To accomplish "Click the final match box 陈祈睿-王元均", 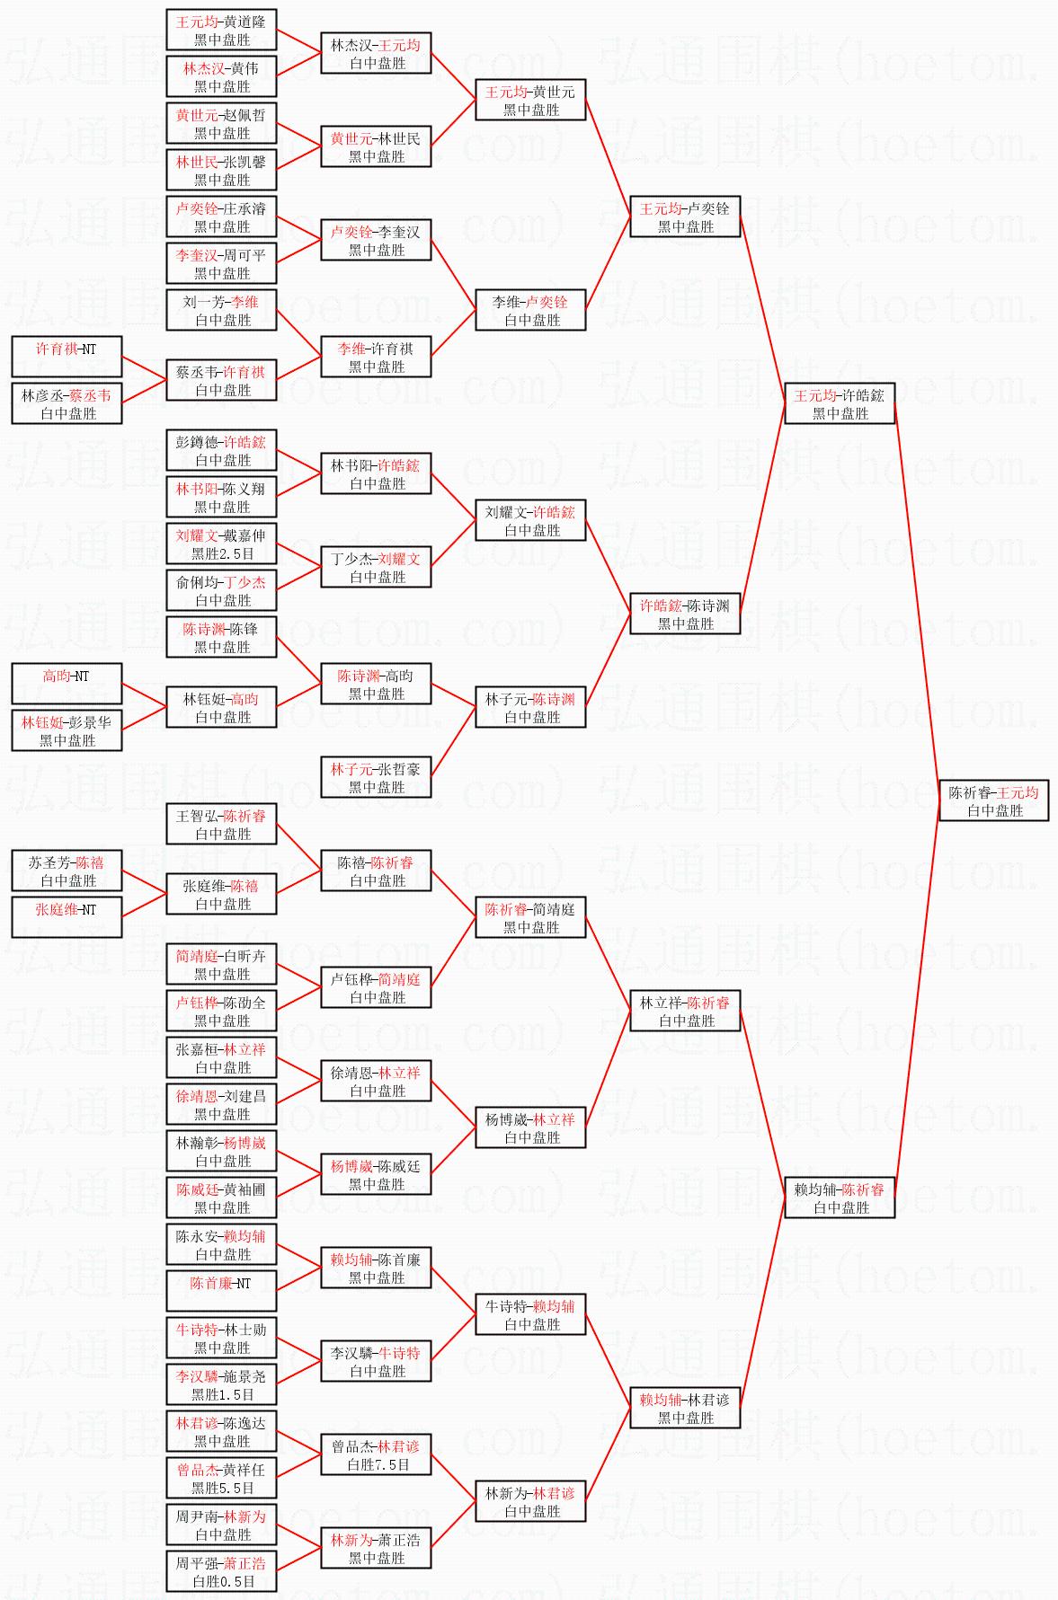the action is click(993, 801).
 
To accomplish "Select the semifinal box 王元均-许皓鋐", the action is click(840, 404).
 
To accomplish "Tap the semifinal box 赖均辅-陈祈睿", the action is click(840, 1198).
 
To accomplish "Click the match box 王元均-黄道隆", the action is click(221, 31).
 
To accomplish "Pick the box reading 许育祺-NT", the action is click(67, 357).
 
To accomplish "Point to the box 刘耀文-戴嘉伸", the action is click(221, 544).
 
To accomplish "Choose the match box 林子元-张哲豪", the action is click(376, 778).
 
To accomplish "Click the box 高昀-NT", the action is click(67, 684).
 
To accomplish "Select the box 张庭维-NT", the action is click(67, 917).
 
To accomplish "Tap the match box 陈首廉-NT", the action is click(221, 1291).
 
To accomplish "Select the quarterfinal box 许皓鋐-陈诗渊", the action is click(685, 614).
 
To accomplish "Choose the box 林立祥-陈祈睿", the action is click(685, 1012).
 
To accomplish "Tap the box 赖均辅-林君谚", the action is click(685, 1409).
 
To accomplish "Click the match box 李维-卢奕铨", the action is click(530, 311).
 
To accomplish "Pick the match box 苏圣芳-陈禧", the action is click(67, 871).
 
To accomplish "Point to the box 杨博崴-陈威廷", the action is click(376, 1175).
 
